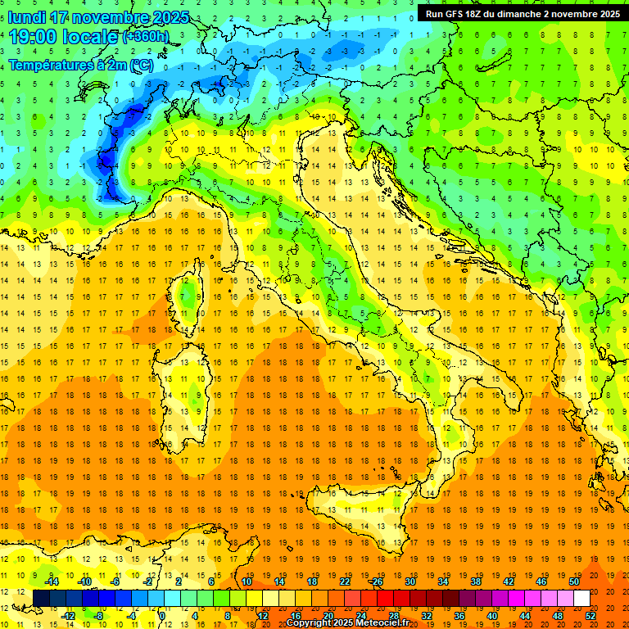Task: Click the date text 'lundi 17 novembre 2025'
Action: [x=98, y=17]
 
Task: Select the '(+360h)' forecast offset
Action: [x=146, y=38]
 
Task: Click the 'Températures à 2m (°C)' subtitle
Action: [x=80, y=64]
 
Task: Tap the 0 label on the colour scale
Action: [x=161, y=615]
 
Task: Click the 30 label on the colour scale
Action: [x=410, y=581]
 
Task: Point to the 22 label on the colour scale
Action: [x=344, y=581]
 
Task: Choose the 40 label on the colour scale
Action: [x=492, y=615]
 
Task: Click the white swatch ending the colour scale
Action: [x=581, y=598]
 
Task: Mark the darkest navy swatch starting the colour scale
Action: [x=41, y=598]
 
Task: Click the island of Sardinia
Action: [x=193, y=385]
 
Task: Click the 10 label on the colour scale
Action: [x=247, y=581]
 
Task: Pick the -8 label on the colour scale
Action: [x=99, y=615]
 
